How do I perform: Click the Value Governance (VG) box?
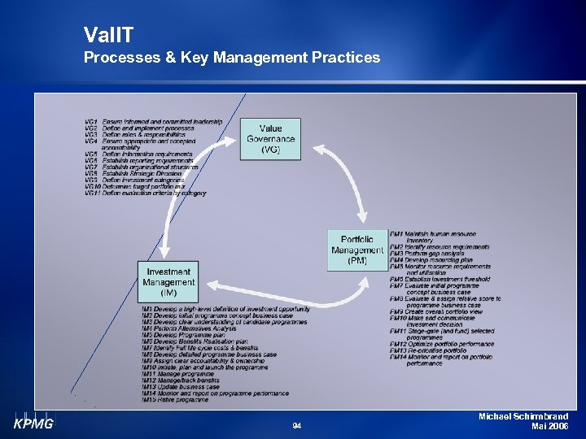point(271,139)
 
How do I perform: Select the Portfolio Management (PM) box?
point(356,250)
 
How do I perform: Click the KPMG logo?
point(32,423)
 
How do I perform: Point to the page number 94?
point(296,425)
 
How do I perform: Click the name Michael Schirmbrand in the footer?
point(524,416)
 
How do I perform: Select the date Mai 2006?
point(549,426)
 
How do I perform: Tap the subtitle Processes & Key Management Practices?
point(231,57)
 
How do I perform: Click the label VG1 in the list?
point(91,122)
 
